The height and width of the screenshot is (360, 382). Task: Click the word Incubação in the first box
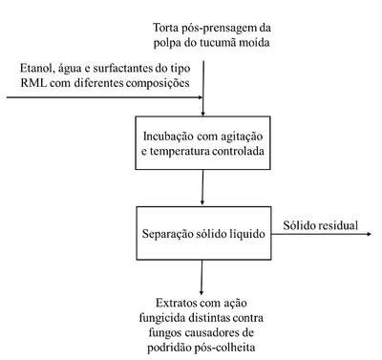point(168,137)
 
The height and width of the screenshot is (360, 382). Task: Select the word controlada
point(238,151)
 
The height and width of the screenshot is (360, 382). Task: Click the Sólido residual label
point(321,225)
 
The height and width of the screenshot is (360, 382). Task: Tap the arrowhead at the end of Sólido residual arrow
point(370,234)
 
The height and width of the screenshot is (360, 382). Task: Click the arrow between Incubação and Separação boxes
point(202,187)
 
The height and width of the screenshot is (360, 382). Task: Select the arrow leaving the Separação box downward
point(202,277)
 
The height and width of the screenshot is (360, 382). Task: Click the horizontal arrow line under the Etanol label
point(105,97)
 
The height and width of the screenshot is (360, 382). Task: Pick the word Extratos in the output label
point(176,303)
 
